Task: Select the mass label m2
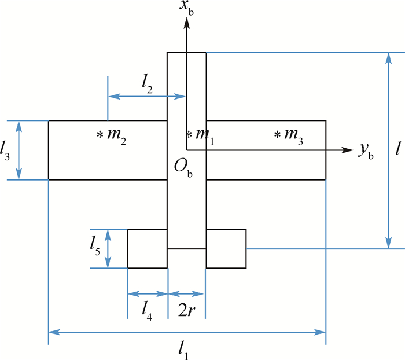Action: pos(117,136)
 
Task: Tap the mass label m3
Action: pos(294,136)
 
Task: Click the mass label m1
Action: pos(205,136)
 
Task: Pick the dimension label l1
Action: pos(183,350)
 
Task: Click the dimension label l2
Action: pos(147,83)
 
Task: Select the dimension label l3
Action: pos(5,150)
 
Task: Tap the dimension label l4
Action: pos(147,311)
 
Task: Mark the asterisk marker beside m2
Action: pos(100,135)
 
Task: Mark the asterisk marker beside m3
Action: pos(277,135)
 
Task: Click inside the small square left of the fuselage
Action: pos(147,249)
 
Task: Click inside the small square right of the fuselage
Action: pos(226,249)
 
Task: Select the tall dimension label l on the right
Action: pos(398,148)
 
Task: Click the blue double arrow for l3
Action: pos(19,150)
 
